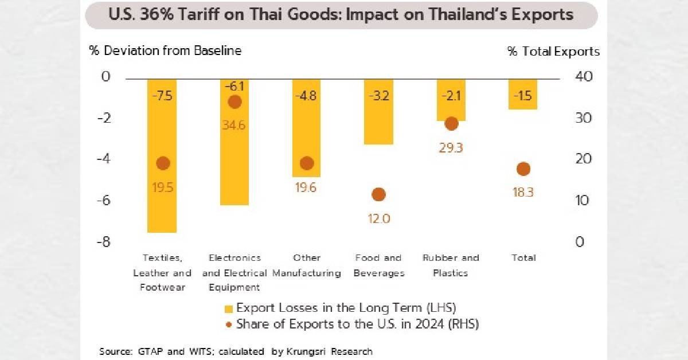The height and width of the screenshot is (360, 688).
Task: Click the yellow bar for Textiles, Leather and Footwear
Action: pyautogui.click(x=162, y=201)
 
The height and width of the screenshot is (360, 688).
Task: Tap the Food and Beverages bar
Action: pyautogui.click(x=378, y=123)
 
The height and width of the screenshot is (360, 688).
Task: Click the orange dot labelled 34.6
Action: pyautogui.click(x=234, y=102)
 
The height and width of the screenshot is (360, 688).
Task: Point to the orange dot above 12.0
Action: pyautogui.click(x=378, y=194)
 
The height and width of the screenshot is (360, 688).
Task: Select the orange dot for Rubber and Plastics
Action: pyautogui.click(x=451, y=123)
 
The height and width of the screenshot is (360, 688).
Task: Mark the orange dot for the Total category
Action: pyautogui.click(x=523, y=169)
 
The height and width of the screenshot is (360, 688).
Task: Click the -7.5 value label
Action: pyautogui.click(x=162, y=96)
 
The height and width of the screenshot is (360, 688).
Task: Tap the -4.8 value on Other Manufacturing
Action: pyautogui.click(x=307, y=96)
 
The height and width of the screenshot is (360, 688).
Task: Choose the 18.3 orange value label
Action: pyautogui.click(x=523, y=193)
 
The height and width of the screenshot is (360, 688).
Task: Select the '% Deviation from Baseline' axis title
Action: pyautogui.click(x=165, y=50)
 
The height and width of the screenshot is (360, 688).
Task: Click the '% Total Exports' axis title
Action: pyautogui.click(x=553, y=52)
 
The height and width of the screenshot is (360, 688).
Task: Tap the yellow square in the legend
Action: pyautogui.click(x=229, y=308)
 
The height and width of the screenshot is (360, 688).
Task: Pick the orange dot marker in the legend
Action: pyautogui.click(x=229, y=324)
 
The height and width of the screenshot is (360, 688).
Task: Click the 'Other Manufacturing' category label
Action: pyautogui.click(x=307, y=265)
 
